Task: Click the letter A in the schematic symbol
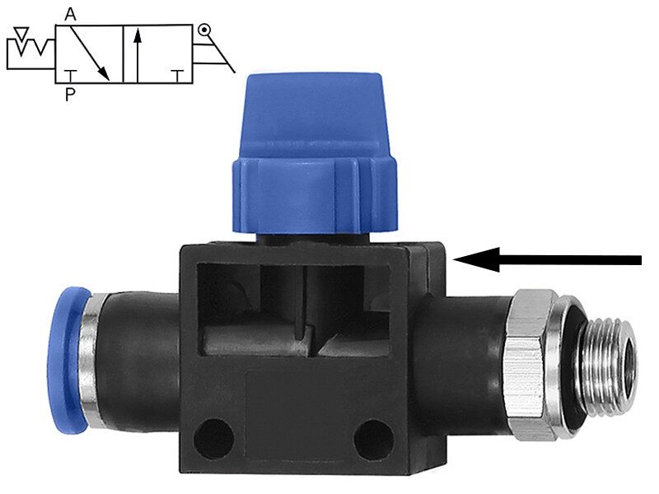pyautogui.click(x=70, y=15)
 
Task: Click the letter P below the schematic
pyautogui.click(x=70, y=95)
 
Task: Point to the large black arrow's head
pyautogui.click(x=477, y=259)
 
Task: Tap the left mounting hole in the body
pyautogui.click(x=213, y=439)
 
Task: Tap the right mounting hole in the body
pyautogui.click(x=373, y=440)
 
